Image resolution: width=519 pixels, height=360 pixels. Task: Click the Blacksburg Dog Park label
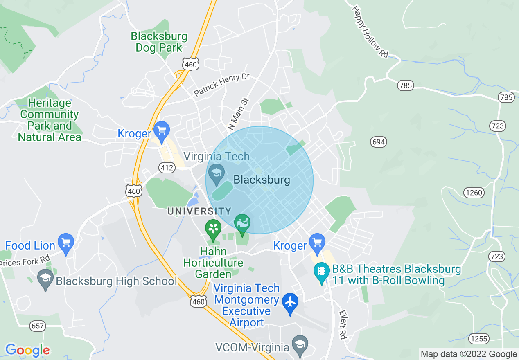pos(159,42)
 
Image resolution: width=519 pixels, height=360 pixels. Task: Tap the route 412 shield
pos(167,167)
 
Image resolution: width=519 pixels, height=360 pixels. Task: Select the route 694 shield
pos(379,142)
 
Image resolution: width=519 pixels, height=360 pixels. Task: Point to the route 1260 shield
pos(474,192)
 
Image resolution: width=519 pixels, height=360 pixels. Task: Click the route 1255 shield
pos(478,339)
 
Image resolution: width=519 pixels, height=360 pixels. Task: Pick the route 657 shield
pos(38,326)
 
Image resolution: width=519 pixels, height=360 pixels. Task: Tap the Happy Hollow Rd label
pos(370,31)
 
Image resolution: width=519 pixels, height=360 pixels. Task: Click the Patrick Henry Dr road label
pos(221,85)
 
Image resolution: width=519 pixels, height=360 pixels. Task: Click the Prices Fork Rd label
pos(25,261)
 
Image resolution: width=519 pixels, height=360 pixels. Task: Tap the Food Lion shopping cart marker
pos(65,242)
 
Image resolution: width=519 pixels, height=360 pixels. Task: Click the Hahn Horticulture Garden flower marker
pos(213,228)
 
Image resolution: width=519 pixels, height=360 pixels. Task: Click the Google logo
pos(27,350)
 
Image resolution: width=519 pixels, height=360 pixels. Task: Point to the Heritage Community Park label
pos(49,120)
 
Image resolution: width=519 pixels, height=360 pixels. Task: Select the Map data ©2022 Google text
pos(469,354)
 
